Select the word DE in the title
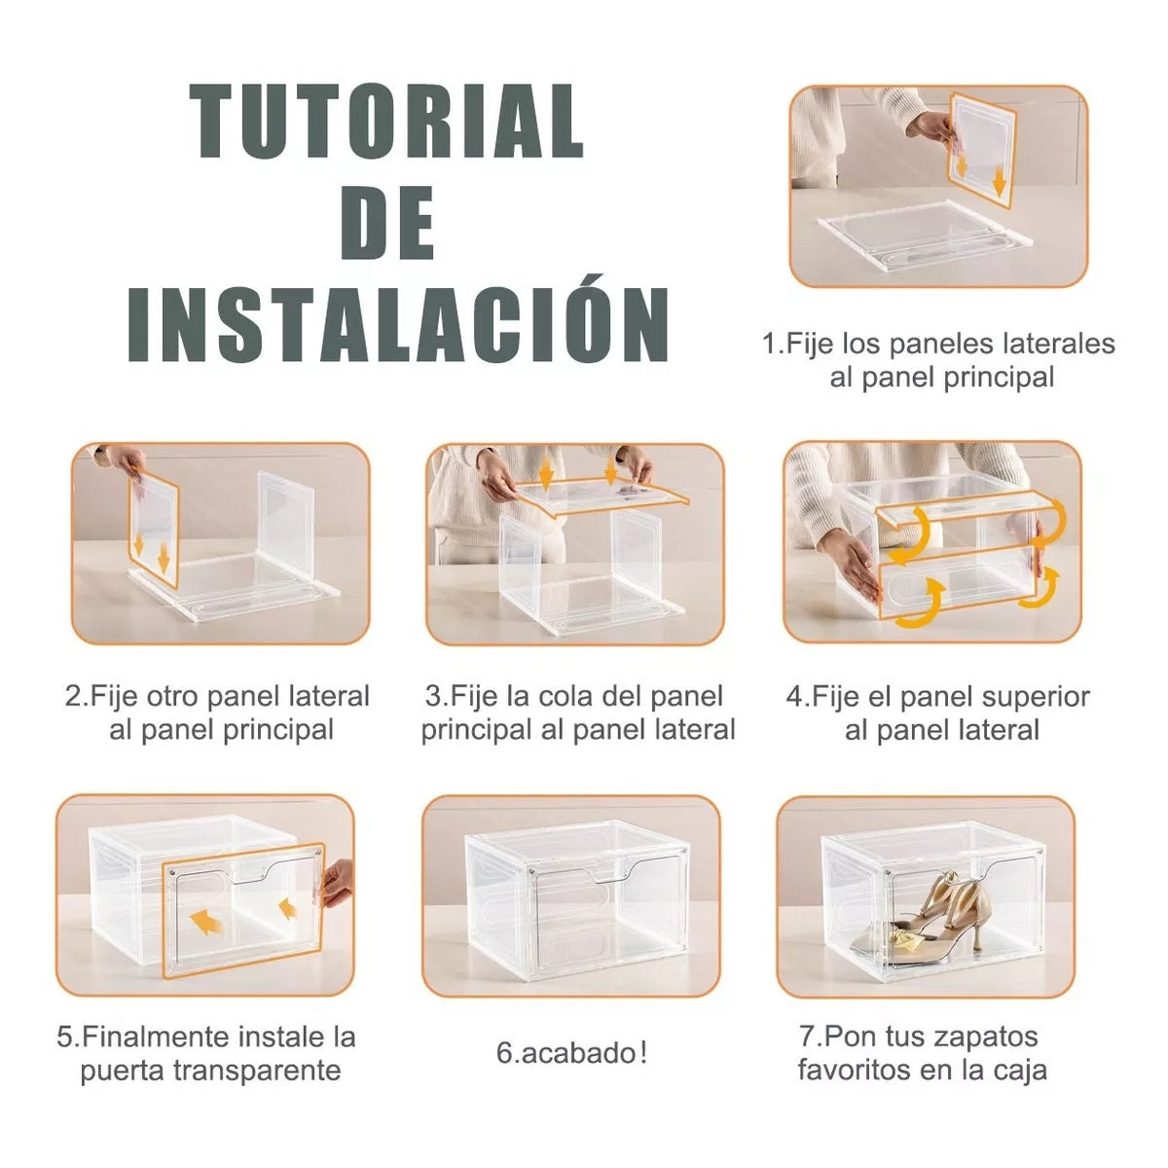click(x=387, y=223)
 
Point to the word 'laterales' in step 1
click(x=1059, y=344)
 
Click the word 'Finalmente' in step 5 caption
click(x=154, y=1037)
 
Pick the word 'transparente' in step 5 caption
click(x=257, y=1071)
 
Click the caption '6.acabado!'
click(x=571, y=1053)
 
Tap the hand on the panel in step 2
click(x=128, y=462)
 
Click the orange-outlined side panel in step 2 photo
click(x=154, y=529)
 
